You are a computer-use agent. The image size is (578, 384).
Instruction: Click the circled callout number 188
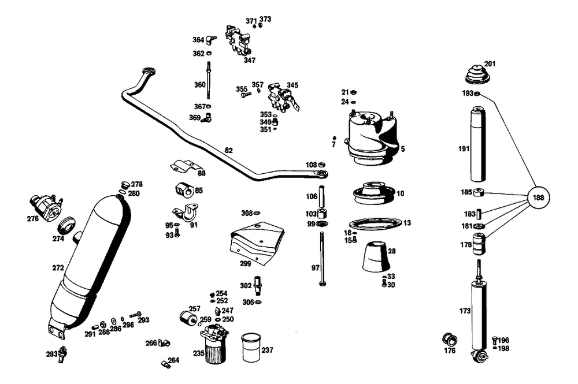click(x=539, y=197)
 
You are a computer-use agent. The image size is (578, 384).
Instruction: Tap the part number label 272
click(x=58, y=268)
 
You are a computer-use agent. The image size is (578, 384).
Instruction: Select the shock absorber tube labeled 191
click(x=479, y=147)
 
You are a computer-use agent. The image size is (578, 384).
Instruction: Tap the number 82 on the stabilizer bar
click(x=228, y=151)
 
